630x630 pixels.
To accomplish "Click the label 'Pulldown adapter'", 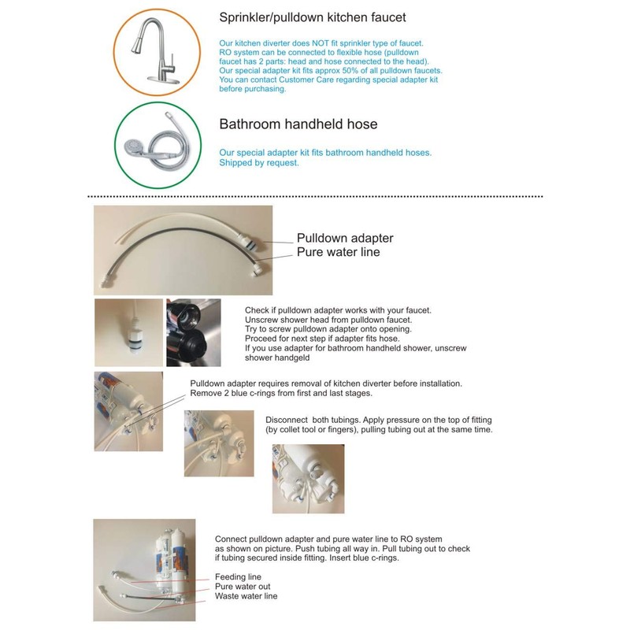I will click(344, 238).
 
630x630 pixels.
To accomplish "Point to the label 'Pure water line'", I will click(338, 252).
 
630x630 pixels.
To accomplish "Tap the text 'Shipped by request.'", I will click(259, 163).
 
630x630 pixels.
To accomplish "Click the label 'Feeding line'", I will click(238, 577).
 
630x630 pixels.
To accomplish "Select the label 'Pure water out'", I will click(243, 587).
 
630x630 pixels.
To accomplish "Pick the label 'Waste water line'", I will click(246, 596).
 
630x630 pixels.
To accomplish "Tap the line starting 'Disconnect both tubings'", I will click(378, 419).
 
